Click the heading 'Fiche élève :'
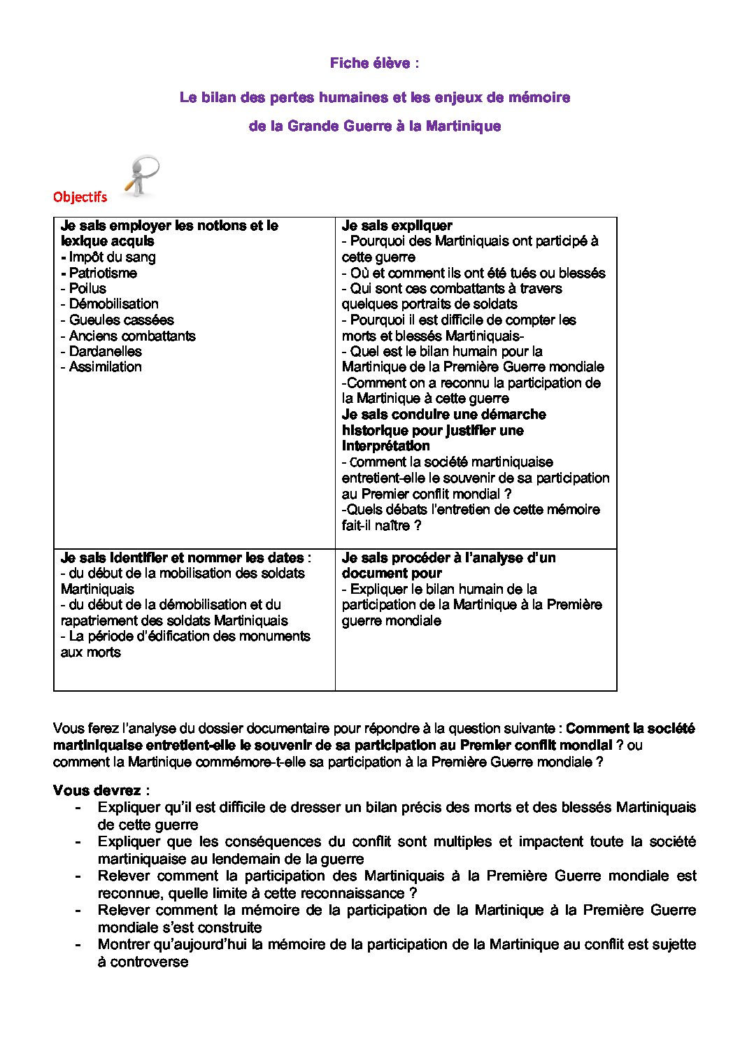coord(374,63)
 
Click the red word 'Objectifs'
coord(80,197)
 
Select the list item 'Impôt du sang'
coord(112,257)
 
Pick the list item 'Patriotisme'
coord(103,273)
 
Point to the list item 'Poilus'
coord(87,288)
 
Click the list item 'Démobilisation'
coord(113,304)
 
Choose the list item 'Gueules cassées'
coord(121,320)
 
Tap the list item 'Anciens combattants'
coord(132,336)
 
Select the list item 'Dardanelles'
coord(105,351)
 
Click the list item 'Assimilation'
coord(105,366)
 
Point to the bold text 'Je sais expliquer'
coord(397,225)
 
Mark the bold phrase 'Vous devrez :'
coord(101,790)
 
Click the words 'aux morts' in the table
coord(91,652)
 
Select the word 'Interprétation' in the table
coord(385,446)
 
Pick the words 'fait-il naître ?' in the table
coord(381,525)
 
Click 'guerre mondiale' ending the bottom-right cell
coord(391,620)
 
